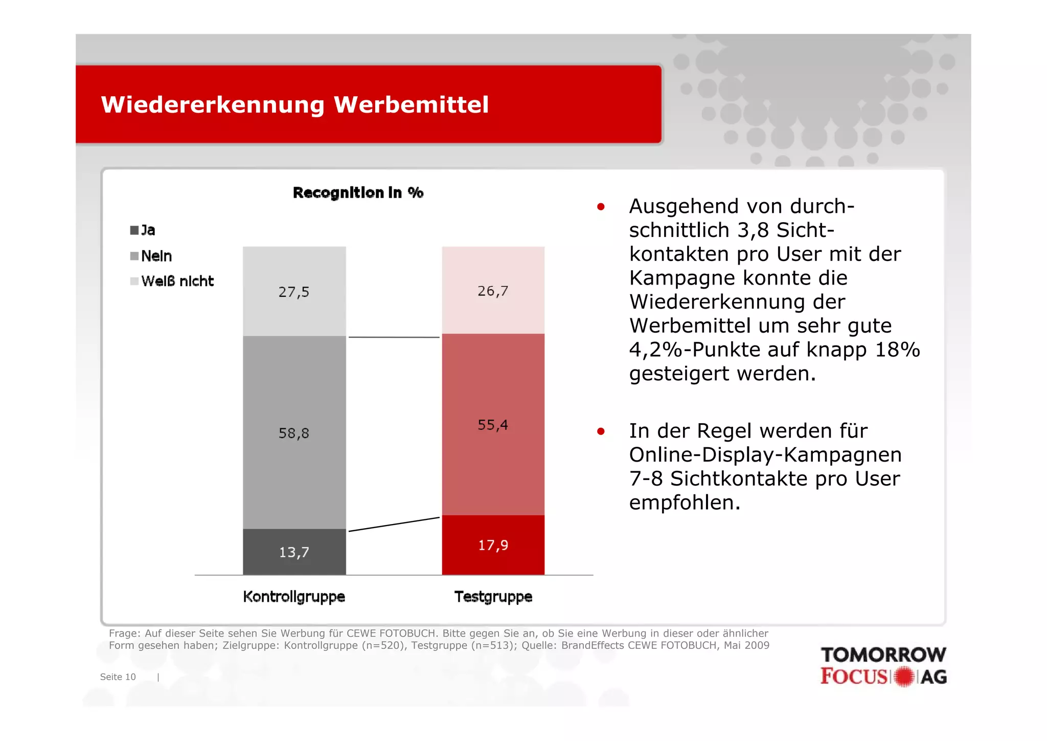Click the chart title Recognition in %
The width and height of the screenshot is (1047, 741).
pyautogui.click(x=358, y=193)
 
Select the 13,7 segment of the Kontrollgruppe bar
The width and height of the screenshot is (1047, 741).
pyautogui.click(x=294, y=552)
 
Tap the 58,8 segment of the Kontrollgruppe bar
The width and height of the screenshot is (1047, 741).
pyautogui.click(x=294, y=433)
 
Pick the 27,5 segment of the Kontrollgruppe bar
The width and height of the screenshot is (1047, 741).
pyautogui.click(x=294, y=292)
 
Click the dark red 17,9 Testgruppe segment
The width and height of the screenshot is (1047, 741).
pyautogui.click(x=493, y=545)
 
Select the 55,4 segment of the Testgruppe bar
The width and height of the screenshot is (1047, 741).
pyautogui.click(x=493, y=425)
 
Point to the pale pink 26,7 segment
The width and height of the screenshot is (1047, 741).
pyautogui.click(x=493, y=291)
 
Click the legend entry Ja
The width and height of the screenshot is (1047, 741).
pyautogui.click(x=143, y=230)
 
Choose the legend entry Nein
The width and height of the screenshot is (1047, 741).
pyautogui.click(x=151, y=256)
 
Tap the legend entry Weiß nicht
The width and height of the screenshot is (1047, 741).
pyautogui.click(x=172, y=281)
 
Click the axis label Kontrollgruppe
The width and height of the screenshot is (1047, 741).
pyautogui.click(x=294, y=597)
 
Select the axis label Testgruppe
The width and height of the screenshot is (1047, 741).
pyautogui.click(x=493, y=597)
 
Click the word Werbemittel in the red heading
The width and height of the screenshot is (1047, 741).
pyautogui.click(x=411, y=105)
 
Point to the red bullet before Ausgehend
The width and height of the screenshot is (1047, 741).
pyautogui.click(x=601, y=207)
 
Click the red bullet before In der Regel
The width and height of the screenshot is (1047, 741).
pyautogui.click(x=601, y=431)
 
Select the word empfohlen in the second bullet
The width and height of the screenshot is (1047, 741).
pyautogui.click(x=684, y=503)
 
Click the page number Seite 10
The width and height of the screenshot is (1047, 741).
pyautogui.click(x=118, y=677)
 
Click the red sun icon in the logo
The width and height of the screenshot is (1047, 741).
pyautogui.click(x=904, y=677)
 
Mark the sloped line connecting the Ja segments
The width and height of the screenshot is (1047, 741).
pyautogui.click(x=394, y=525)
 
